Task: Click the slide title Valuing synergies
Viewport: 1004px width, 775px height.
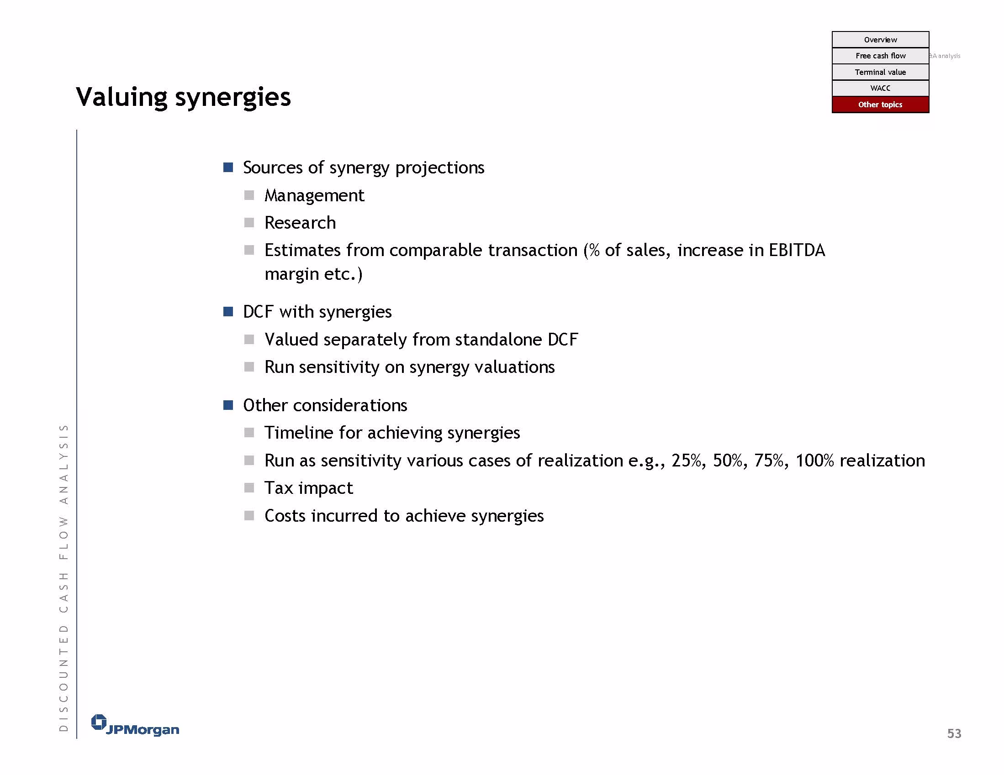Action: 184,97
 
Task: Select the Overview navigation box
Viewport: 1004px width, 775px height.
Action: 880,40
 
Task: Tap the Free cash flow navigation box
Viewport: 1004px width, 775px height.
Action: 880,56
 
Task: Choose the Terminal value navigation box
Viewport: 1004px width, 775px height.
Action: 880,72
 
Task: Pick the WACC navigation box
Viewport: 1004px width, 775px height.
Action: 880,88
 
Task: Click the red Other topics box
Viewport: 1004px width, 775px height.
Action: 880,105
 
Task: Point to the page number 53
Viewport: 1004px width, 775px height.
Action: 954,733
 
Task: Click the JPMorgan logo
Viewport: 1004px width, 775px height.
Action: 135,725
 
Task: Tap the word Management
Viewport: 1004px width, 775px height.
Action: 314,196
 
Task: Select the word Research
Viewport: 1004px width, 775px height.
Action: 300,223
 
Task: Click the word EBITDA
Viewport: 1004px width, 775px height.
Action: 797,251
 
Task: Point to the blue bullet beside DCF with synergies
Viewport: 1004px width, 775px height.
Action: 228,311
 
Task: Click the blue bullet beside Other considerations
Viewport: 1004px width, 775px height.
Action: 228,405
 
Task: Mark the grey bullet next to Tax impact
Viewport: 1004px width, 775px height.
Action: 249,487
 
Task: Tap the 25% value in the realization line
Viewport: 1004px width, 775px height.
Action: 687,461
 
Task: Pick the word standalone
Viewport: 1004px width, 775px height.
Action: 499,340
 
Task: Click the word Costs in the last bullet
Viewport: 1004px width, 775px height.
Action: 285,516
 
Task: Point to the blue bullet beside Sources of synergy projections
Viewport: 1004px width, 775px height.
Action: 228,167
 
